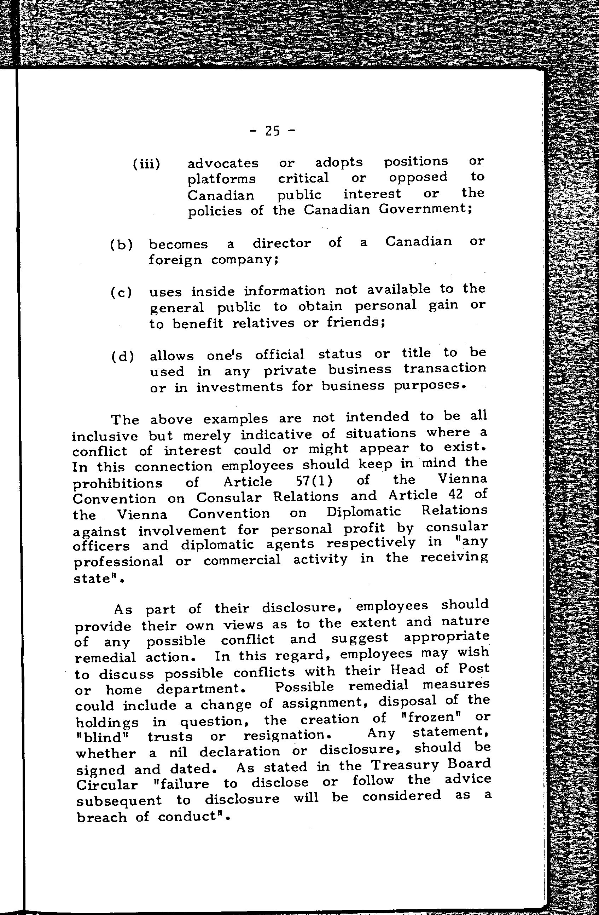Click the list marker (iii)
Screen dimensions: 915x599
[146, 164]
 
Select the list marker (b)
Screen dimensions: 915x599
[121, 245]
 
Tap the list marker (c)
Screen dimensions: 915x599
[121, 293]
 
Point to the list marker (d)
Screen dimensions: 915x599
[123, 357]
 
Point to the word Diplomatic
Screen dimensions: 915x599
[364, 512]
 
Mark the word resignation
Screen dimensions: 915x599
[287, 735]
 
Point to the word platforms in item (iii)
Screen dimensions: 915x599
[221, 179]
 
